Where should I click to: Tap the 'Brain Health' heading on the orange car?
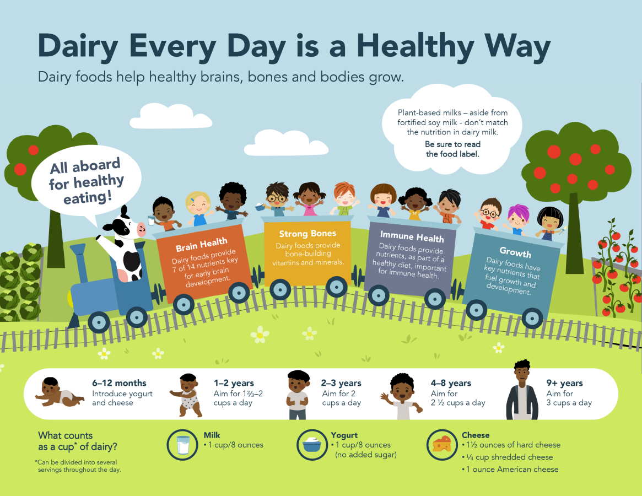click(x=202, y=245)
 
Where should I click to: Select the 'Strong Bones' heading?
click(x=307, y=234)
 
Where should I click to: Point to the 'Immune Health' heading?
click(x=412, y=236)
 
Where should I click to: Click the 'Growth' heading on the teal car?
click(x=515, y=252)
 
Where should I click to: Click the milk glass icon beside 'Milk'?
click(x=182, y=445)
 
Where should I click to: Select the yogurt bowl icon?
click(x=312, y=445)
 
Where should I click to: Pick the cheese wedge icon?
click(x=442, y=445)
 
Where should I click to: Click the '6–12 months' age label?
click(x=119, y=383)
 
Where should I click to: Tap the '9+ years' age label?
click(x=565, y=383)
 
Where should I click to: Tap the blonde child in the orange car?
click(x=198, y=208)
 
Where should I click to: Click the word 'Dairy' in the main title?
click(x=78, y=47)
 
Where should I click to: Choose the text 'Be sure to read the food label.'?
click(x=452, y=149)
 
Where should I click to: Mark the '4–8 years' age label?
click(x=451, y=383)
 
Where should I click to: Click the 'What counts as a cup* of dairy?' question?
click(x=78, y=441)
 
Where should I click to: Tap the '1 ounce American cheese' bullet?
click(x=510, y=470)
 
